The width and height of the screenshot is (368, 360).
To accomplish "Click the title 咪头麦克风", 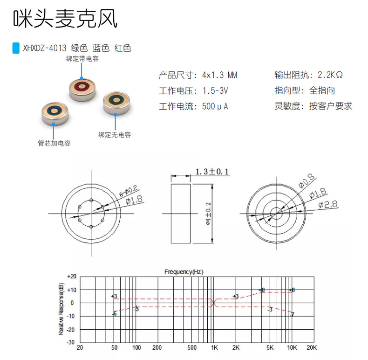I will pos(65,19).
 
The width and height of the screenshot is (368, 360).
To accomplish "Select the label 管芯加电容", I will pos(54,143).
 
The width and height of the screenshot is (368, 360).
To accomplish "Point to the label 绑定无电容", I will pos(115,135).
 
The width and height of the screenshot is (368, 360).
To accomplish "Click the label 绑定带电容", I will pos(82,59).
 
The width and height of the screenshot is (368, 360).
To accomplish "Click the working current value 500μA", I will pos(215,106).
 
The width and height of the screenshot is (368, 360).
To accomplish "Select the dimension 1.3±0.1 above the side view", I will pos(212,172).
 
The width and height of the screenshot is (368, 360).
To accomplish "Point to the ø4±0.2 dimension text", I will pos(208,213).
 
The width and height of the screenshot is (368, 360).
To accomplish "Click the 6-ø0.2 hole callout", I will pos(128,190).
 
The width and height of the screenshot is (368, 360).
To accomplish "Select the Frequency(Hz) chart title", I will pos(184,271).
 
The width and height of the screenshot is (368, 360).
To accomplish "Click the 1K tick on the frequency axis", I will pos(214,348).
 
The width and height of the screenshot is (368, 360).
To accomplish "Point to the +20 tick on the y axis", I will pos(71,276).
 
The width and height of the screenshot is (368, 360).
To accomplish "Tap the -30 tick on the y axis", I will pos(71,342).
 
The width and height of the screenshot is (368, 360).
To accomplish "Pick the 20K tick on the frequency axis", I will pos(312,348).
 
